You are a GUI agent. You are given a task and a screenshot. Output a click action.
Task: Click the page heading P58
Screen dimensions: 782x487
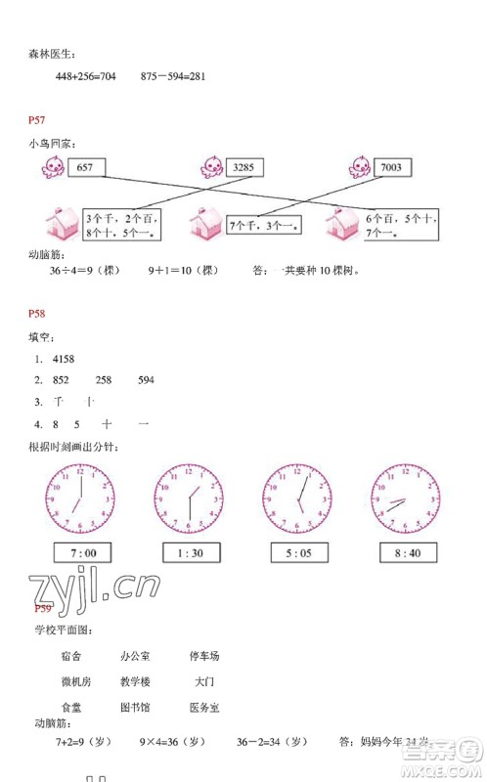pyautogui.click(x=37, y=314)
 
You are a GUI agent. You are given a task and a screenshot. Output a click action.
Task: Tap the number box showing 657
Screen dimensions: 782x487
pyautogui.click(x=84, y=167)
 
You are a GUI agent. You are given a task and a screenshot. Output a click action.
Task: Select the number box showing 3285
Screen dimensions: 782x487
pyautogui.click(x=243, y=167)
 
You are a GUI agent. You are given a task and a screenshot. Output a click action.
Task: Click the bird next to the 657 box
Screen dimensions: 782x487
pyautogui.click(x=52, y=168)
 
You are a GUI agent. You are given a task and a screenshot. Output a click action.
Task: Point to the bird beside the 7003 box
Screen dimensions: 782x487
pyautogui.click(x=360, y=168)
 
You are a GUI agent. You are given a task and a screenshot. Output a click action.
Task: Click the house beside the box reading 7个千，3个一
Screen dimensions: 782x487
pyautogui.click(x=206, y=224)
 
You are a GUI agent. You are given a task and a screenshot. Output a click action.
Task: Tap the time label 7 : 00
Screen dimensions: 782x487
pyautogui.click(x=83, y=554)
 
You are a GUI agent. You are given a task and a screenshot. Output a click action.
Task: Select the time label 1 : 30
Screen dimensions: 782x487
pyautogui.click(x=191, y=554)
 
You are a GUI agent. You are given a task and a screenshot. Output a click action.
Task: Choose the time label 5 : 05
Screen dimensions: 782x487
pyautogui.click(x=298, y=554)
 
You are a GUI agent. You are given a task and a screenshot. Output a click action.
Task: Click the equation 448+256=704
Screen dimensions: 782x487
pyautogui.click(x=86, y=76)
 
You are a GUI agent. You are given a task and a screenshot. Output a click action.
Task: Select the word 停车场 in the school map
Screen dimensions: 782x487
pyautogui.click(x=204, y=656)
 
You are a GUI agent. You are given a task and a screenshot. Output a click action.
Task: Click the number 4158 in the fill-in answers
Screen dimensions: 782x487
pyautogui.click(x=65, y=359)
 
